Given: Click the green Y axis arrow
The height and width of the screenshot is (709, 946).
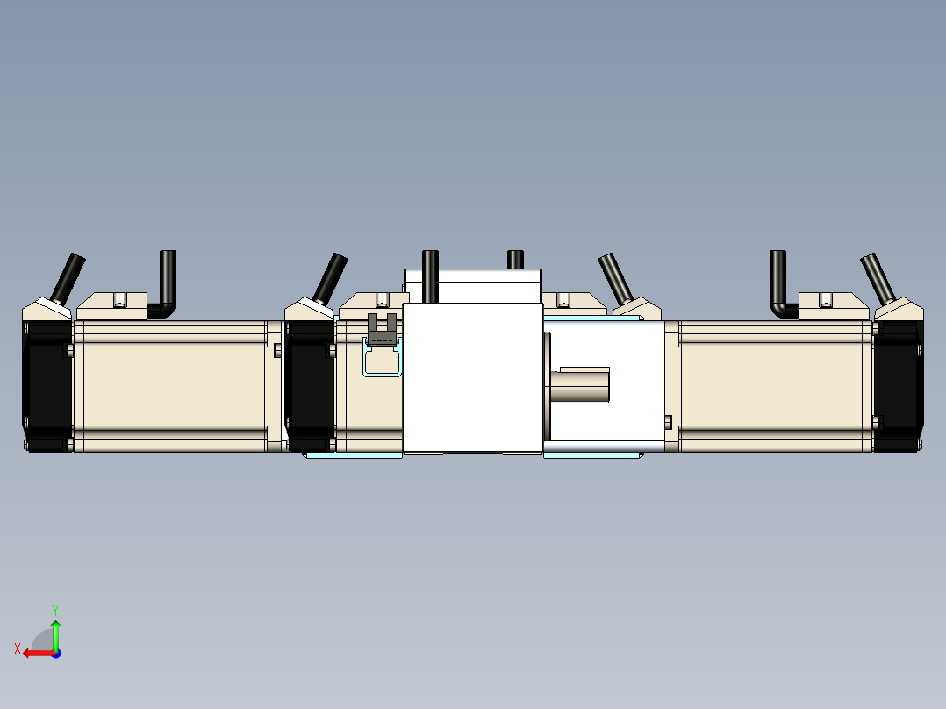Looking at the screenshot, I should [x=55, y=631].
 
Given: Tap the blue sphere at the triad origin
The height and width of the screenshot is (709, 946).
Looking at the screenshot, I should [x=55, y=653].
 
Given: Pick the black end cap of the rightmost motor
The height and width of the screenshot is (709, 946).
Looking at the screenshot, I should [x=896, y=386].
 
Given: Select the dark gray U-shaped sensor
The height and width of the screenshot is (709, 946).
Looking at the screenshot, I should [x=382, y=329].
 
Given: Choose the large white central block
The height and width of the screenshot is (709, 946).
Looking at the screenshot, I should [x=472, y=377].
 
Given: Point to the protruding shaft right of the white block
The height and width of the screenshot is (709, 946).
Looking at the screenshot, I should [x=581, y=386].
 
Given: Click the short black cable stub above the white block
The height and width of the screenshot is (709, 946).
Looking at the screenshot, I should [x=515, y=260].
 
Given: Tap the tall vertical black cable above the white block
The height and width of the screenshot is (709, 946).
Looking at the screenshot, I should [x=430, y=276].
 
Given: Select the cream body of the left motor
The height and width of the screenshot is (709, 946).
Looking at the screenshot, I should [x=171, y=386].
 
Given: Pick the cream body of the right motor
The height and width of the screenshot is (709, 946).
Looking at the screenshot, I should [x=777, y=386].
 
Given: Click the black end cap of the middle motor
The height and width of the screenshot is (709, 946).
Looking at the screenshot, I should [x=310, y=386].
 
